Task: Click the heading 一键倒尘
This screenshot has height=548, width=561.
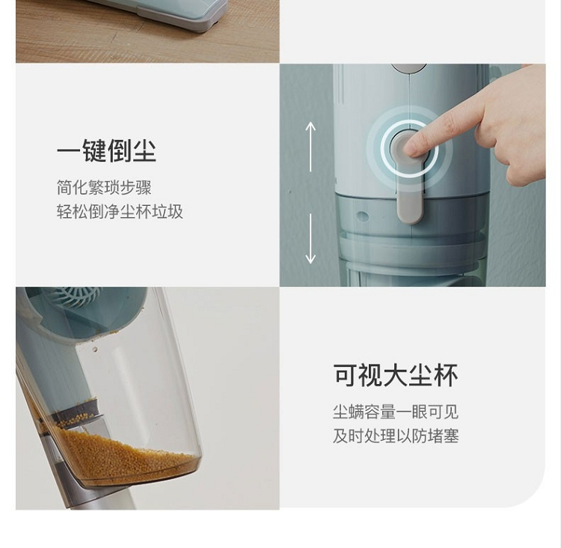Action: pyautogui.click(x=106, y=150)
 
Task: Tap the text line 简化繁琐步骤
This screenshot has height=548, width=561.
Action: pyautogui.click(x=104, y=188)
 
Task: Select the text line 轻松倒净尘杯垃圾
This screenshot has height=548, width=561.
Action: pyautogui.click(x=120, y=212)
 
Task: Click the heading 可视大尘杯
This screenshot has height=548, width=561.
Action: pyautogui.click(x=396, y=375)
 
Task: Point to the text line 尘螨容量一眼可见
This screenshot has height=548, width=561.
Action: pyautogui.click(x=396, y=412)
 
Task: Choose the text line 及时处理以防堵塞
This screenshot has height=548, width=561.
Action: pyautogui.click(x=396, y=436)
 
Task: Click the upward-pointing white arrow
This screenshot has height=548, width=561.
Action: pyautogui.click(x=310, y=147)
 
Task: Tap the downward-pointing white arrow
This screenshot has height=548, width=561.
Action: pyautogui.click(x=310, y=239)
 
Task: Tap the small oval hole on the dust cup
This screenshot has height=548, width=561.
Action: pyautogui.click(x=363, y=216)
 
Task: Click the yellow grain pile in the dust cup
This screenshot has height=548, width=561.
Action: pyautogui.click(x=122, y=455)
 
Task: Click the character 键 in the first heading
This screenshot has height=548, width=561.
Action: pyautogui.click(x=94, y=150)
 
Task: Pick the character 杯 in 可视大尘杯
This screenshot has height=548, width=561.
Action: pyautogui.click(x=446, y=375)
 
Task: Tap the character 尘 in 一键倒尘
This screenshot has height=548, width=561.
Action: pyautogui.click(x=144, y=150)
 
